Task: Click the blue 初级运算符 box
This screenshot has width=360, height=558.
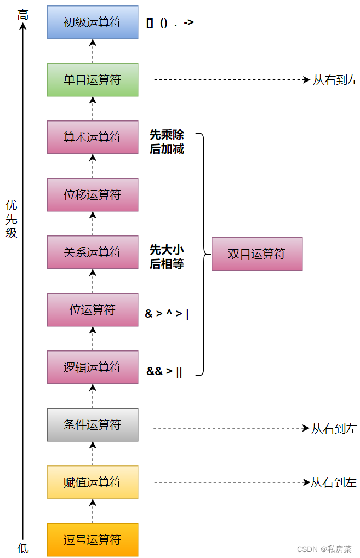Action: point(93,22)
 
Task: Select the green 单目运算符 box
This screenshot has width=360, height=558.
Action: point(93,80)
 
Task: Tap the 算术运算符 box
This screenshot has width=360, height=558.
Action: point(93,137)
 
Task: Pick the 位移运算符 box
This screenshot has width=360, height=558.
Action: point(93,195)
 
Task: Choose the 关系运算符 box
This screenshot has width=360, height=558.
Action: point(93,252)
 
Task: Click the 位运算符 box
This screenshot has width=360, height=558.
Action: point(93,310)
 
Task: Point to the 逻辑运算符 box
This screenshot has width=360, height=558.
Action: point(93,367)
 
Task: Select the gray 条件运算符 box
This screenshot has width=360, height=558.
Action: point(93,425)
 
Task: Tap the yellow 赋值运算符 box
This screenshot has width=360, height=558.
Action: point(93,482)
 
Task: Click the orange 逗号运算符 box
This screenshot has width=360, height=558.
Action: point(93,540)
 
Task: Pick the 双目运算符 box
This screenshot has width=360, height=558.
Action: point(257,254)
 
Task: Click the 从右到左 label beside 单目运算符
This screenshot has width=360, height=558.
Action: point(335,80)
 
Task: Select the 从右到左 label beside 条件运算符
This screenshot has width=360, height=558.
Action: point(334,429)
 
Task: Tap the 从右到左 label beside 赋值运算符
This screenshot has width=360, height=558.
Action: point(334,482)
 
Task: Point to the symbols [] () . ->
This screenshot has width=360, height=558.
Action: point(170,23)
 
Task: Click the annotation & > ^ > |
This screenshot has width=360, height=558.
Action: point(167,314)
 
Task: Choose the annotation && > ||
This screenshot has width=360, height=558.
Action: point(164,371)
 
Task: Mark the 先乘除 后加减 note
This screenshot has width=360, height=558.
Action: point(167,142)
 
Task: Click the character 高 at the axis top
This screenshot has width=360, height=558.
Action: point(22,15)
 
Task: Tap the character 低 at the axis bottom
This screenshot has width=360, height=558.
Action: point(22,548)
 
